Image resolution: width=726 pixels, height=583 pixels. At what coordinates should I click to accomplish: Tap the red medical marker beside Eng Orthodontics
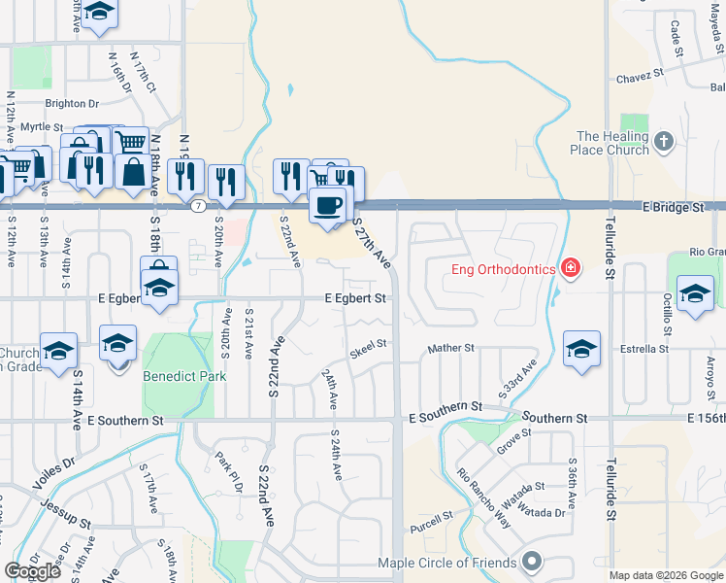click(x=570, y=268)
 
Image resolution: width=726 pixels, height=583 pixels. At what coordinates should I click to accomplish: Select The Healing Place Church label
click(x=611, y=143)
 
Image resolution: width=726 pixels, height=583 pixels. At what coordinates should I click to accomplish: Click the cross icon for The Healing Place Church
click(x=664, y=143)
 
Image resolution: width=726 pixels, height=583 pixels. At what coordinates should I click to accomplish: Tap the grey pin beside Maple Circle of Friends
click(x=531, y=562)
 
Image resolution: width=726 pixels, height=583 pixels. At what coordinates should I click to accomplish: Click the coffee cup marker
click(x=328, y=206)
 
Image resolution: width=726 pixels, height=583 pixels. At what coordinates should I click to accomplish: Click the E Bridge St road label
click(x=673, y=208)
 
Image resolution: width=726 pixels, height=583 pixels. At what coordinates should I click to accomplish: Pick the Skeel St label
click(x=368, y=344)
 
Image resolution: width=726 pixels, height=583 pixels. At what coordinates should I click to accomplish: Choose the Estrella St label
click(x=649, y=348)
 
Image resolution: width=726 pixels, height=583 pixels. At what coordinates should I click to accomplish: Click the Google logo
click(x=32, y=571)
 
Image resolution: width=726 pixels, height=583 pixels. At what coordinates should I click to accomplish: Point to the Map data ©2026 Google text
click(x=665, y=575)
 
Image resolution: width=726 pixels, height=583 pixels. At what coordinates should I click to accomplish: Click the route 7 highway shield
click(x=198, y=206)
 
